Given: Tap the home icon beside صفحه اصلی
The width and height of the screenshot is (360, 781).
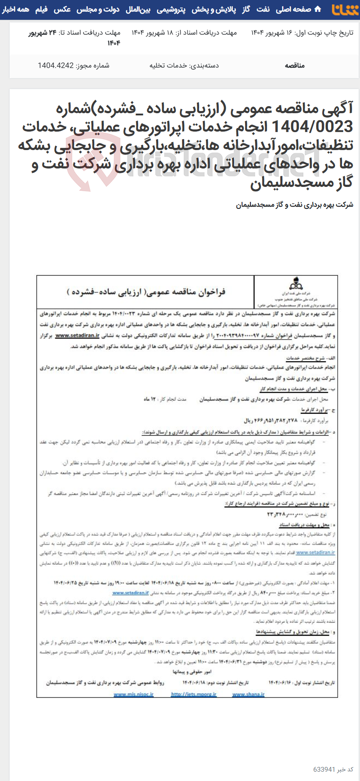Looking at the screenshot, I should [x=318, y=9].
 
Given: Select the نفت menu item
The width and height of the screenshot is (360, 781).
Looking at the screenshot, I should [x=263, y=9].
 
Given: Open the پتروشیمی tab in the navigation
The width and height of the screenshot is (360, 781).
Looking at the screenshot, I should [x=171, y=9].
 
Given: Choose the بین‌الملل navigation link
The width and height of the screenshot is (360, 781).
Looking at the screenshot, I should [x=138, y=9].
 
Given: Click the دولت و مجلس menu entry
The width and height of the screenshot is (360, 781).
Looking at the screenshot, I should [x=98, y=9].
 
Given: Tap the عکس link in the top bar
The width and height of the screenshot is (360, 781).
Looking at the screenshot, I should [x=62, y=9].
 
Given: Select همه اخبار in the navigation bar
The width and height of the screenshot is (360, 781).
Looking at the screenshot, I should [x=15, y=9].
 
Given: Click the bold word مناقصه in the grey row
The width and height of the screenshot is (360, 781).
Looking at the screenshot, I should [x=295, y=65].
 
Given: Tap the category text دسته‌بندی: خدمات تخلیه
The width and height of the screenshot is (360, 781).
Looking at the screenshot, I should [x=184, y=65].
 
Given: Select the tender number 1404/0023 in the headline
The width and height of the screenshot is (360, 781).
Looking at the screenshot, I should [x=312, y=127].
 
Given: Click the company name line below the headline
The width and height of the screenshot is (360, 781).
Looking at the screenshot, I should [x=295, y=205].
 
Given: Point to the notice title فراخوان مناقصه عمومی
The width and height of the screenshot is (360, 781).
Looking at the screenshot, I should [x=146, y=292].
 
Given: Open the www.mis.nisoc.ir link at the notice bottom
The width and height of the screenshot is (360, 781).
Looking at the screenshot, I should [x=133, y=695].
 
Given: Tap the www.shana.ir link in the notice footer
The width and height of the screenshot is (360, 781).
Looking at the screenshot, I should [x=248, y=695].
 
